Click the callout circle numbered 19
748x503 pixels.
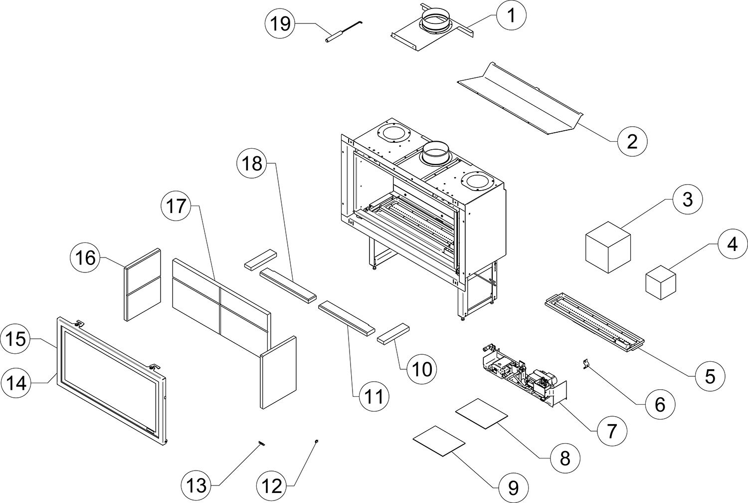tap(281, 23)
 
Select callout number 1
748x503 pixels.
tap(511, 16)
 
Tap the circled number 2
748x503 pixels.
tap(632, 142)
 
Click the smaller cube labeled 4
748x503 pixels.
tap(660, 283)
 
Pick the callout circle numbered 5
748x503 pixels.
tap(710, 376)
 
